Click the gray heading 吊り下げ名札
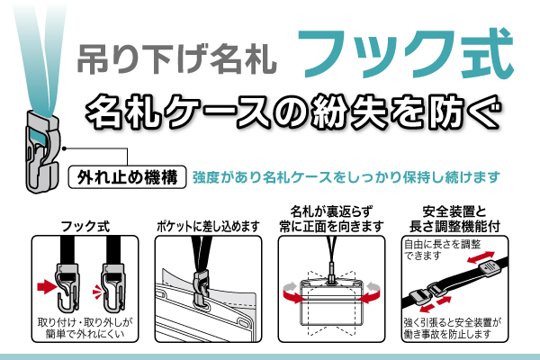pyautogui.click(x=177, y=58)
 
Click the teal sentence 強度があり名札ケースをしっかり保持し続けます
pyautogui.click(x=346, y=176)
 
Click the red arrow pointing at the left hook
pyautogui.click(x=46, y=287)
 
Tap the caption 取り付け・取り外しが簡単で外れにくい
pyautogui.click(x=83, y=328)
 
